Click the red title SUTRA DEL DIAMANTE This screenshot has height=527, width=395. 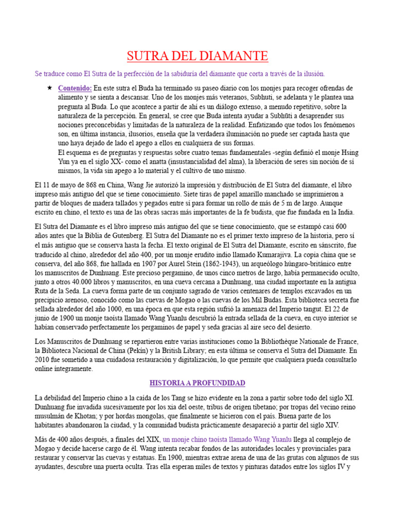pyautogui.click(x=197, y=56)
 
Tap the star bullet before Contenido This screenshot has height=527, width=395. pyautogui.click(x=49, y=88)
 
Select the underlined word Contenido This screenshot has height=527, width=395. pyautogui.click(x=75, y=88)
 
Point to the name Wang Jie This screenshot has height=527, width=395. pyautogui.click(x=135, y=185)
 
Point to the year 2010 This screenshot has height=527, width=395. pyautogui.click(x=45, y=360)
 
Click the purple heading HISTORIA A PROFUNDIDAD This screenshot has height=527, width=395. pyautogui.click(x=197, y=383)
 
